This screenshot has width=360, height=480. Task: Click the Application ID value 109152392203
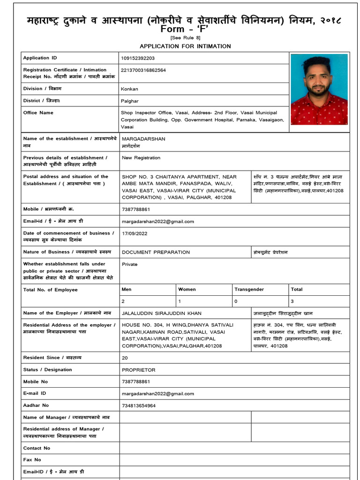(138, 58)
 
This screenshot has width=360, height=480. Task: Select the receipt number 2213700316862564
(143, 70)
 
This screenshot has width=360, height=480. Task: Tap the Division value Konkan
(129, 89)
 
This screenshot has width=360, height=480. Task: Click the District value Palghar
(130, 101)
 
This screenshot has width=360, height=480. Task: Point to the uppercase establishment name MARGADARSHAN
(143, 139)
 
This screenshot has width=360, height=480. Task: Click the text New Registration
(141, 158)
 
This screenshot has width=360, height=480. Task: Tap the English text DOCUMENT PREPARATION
(156, 252)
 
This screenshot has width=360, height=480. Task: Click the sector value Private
(130, 264)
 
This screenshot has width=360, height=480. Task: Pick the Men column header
(127, 290)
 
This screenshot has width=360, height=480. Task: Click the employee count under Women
(180, 301)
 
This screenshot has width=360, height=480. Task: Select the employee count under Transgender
(236, 301)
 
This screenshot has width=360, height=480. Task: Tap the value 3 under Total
(292, 301)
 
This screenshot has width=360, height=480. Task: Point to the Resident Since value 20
(125, 358)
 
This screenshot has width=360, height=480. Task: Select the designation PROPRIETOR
(138, 370)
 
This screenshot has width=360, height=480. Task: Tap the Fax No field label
(32, 460)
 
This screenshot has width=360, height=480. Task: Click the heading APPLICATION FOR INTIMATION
(185, 46)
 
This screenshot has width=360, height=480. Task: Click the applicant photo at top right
(319, 89)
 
